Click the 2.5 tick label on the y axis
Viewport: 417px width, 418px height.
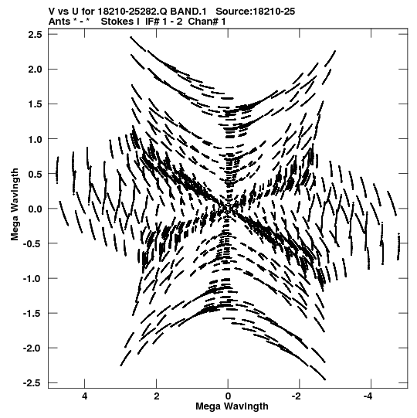35,35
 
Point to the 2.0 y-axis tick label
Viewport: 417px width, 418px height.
35,70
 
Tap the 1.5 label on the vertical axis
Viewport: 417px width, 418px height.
35,104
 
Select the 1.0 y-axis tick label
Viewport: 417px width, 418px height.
35,139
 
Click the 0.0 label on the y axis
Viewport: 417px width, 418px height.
35,209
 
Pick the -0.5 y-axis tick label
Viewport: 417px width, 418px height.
32,243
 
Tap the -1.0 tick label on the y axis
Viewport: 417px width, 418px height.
32,279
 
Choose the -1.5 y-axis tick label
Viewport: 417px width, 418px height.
32,314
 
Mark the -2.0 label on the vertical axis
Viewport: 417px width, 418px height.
32,348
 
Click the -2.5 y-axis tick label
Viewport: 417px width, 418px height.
32,383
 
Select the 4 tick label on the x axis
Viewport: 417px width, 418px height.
85,396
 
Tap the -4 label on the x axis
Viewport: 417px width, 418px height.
368,396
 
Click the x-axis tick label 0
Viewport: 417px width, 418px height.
228,396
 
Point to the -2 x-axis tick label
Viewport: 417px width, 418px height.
297,396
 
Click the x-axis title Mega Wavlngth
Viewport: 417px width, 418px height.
232,406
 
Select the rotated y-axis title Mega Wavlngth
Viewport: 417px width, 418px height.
15,204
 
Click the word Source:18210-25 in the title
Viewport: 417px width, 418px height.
256,12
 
